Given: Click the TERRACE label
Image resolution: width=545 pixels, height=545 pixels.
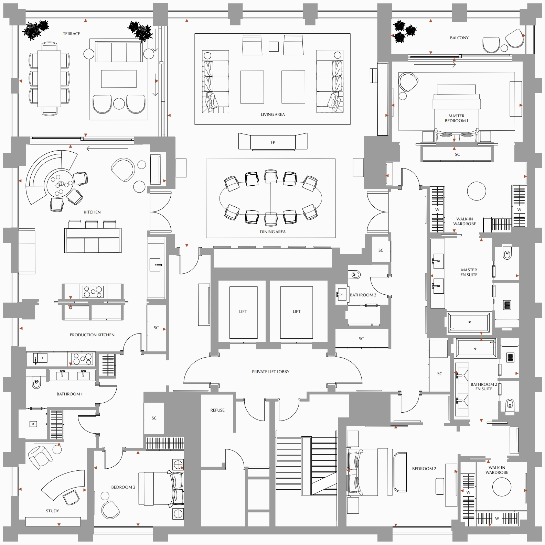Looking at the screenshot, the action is click(x=71, y=34).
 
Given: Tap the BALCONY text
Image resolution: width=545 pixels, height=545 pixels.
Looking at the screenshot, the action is click(x=459, y=38).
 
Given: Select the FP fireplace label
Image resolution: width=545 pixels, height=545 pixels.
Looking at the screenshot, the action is click(x=273, y=142).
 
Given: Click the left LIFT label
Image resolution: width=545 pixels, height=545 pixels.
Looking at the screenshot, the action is click(x=243, y=312).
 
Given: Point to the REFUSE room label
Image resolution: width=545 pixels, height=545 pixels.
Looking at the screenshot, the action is click(x=217, y=410).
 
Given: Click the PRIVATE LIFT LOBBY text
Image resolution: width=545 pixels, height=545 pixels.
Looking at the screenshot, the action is click(x=270, y=372).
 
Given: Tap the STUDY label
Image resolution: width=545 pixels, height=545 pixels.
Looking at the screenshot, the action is click(x=52, y=511).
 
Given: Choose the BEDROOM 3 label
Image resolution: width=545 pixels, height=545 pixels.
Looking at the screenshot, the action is click(x=123, y=487).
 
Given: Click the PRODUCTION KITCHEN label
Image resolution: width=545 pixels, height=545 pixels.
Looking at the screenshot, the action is click(x=92, y=335).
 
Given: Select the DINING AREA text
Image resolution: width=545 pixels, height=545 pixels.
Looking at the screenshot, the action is click(x=272, y=232).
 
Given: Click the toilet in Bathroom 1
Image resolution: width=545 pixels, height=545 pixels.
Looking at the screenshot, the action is click(x=36, y=382).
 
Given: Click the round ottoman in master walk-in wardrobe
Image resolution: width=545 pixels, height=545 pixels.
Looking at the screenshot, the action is click(x=477, y=191).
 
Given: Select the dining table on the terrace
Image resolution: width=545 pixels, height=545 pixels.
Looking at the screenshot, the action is click(x=49, y=79).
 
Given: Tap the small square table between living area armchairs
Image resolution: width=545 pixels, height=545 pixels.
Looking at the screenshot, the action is click(x=274, y=46).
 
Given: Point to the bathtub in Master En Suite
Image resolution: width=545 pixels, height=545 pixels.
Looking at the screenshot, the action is click(x=469, y=323).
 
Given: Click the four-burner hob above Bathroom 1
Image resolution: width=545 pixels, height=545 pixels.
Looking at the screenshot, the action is click(x=83, y=359).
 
